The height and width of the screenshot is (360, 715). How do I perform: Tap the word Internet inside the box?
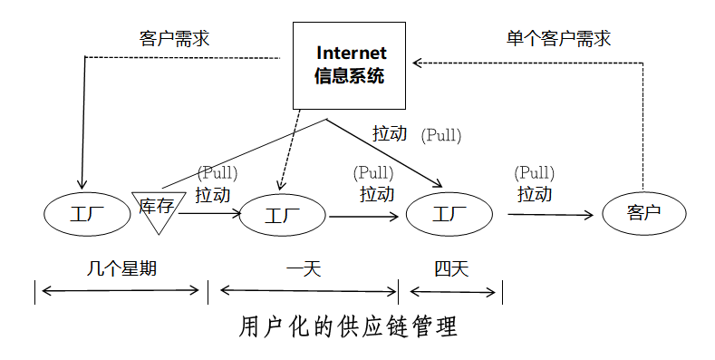(350, 54)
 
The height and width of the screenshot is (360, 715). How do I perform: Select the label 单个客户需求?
(557, 38)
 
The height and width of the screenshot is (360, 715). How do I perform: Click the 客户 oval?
(644, 214)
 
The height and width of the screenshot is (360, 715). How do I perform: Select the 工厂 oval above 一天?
(282, 216)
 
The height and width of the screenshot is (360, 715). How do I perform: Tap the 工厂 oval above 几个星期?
(87, 214)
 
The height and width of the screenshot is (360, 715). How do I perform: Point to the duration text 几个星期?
(117, 268)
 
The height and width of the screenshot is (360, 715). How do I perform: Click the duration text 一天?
(304, 268)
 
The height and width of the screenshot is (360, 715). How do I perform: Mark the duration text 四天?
(450, 268)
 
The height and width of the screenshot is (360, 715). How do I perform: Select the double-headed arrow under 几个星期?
(120, 290)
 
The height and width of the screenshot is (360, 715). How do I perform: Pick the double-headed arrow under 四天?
(454, 291)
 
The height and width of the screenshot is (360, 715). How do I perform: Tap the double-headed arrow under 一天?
(308, 290)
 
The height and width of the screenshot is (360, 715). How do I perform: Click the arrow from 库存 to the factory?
(211, 214)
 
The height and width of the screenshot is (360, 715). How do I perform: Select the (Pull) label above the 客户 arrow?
(534, 172)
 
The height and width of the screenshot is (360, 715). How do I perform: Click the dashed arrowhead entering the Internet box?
(417, 62)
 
